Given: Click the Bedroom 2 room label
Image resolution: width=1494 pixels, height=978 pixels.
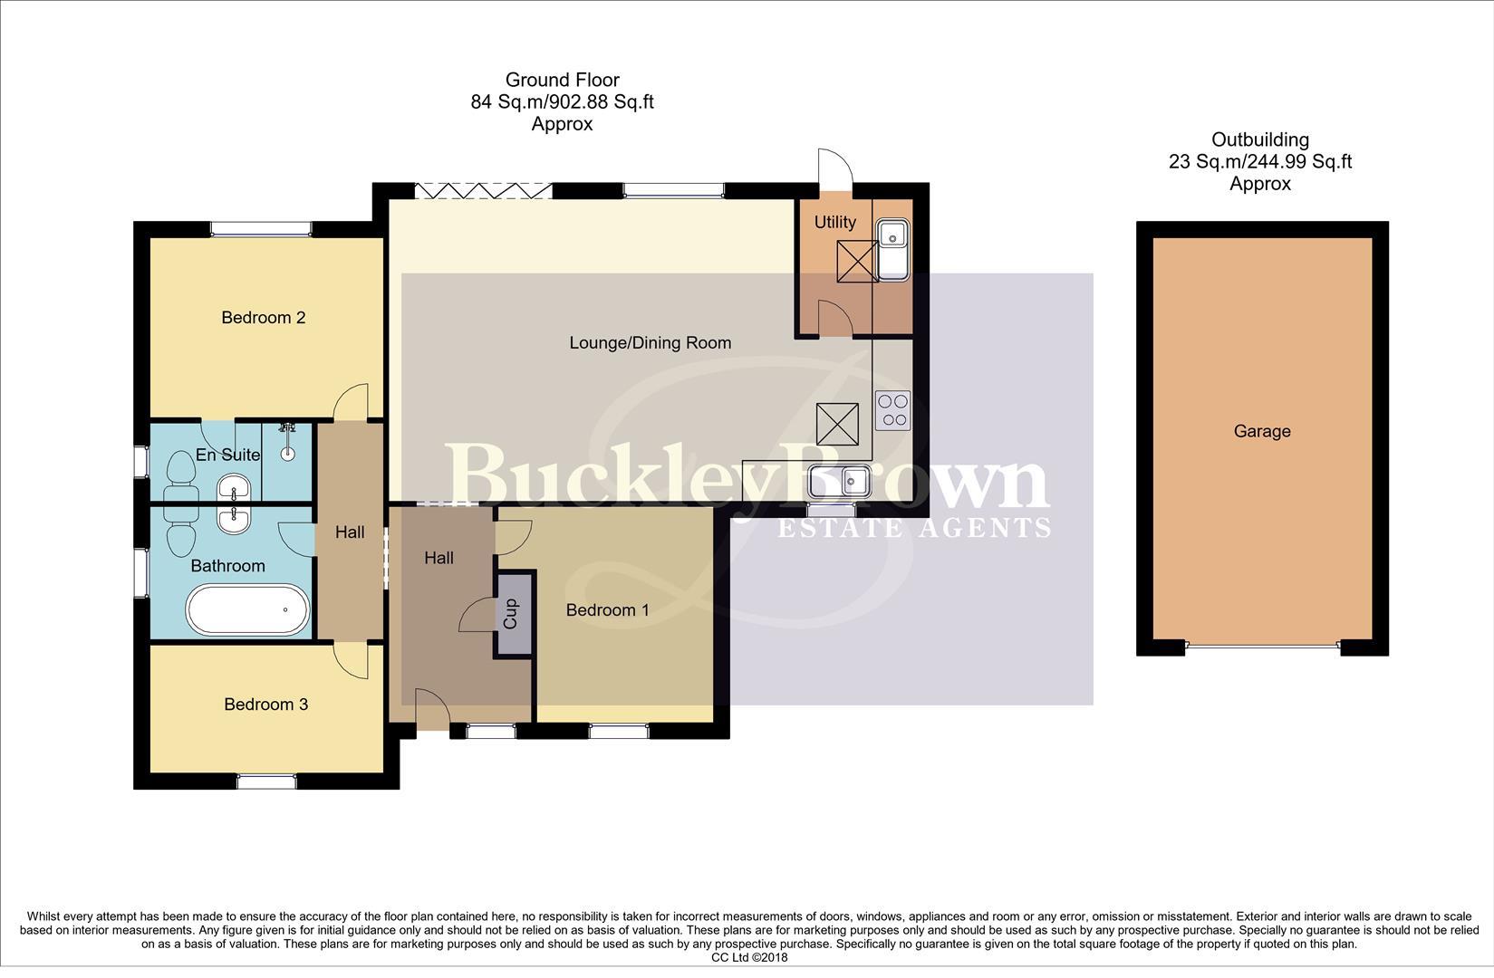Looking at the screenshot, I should [263, 318].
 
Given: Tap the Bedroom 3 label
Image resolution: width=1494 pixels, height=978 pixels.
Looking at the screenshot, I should [265, 705].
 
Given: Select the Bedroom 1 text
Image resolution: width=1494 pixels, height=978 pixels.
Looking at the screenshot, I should [607, 610].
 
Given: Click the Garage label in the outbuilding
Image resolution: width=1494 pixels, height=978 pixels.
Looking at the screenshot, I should [1261, 432].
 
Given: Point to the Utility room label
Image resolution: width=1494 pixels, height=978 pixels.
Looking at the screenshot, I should [834, 223].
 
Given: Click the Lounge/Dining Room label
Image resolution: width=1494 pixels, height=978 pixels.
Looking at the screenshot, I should [650, 343].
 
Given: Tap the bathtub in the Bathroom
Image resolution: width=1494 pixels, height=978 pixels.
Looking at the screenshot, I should [247, 609].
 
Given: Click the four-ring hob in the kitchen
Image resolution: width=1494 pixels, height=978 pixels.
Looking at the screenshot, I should [892, 410].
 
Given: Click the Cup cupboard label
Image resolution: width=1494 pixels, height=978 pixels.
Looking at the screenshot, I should [511, 614].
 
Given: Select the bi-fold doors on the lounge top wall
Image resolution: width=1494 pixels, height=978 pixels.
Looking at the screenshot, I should [483, 190].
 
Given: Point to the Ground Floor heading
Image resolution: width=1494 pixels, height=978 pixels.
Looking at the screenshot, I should [562, 81].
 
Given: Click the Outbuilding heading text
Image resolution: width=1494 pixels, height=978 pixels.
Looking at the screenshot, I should [1259, 140].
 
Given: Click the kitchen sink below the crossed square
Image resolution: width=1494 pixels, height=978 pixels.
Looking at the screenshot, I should [840, 481].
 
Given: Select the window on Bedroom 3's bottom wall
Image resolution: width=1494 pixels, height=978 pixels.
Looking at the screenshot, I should [266, 781].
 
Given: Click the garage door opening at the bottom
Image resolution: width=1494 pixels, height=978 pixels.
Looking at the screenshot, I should [1261, 647].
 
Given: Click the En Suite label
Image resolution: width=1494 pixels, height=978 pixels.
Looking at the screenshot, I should [227, 455].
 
